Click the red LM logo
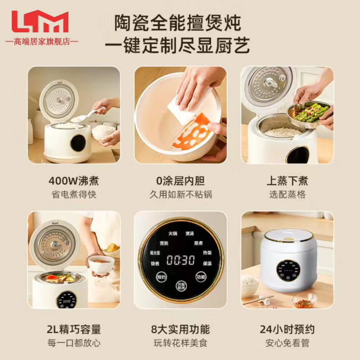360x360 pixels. pos(40,22)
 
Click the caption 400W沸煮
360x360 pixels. pos(74,181)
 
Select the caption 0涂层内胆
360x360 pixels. pos(180,181)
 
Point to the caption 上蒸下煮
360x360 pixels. pos(287,181)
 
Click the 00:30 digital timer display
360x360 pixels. pos(180,260)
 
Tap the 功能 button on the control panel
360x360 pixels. pos(201,277)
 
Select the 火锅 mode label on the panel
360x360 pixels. pos(173,233)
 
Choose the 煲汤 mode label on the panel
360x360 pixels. pos(189,234)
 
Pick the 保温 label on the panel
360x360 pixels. pos(207,263)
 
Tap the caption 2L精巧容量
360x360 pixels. pos(74,329)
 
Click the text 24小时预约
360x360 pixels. pos(287,329)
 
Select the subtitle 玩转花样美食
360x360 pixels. pos(180,343)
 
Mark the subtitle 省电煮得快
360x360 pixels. pos(74,194)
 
